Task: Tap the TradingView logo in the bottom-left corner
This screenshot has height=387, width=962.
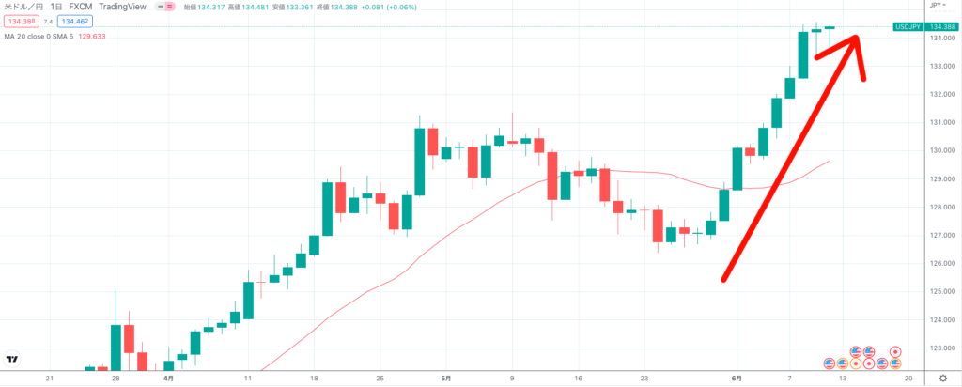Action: pos(12,358)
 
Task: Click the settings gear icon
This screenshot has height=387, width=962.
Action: pos(942,378)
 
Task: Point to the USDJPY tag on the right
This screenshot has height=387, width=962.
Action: pos(907,26)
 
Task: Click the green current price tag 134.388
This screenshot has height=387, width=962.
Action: pos(942,26)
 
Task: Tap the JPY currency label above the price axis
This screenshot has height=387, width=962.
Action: pos(936,6)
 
